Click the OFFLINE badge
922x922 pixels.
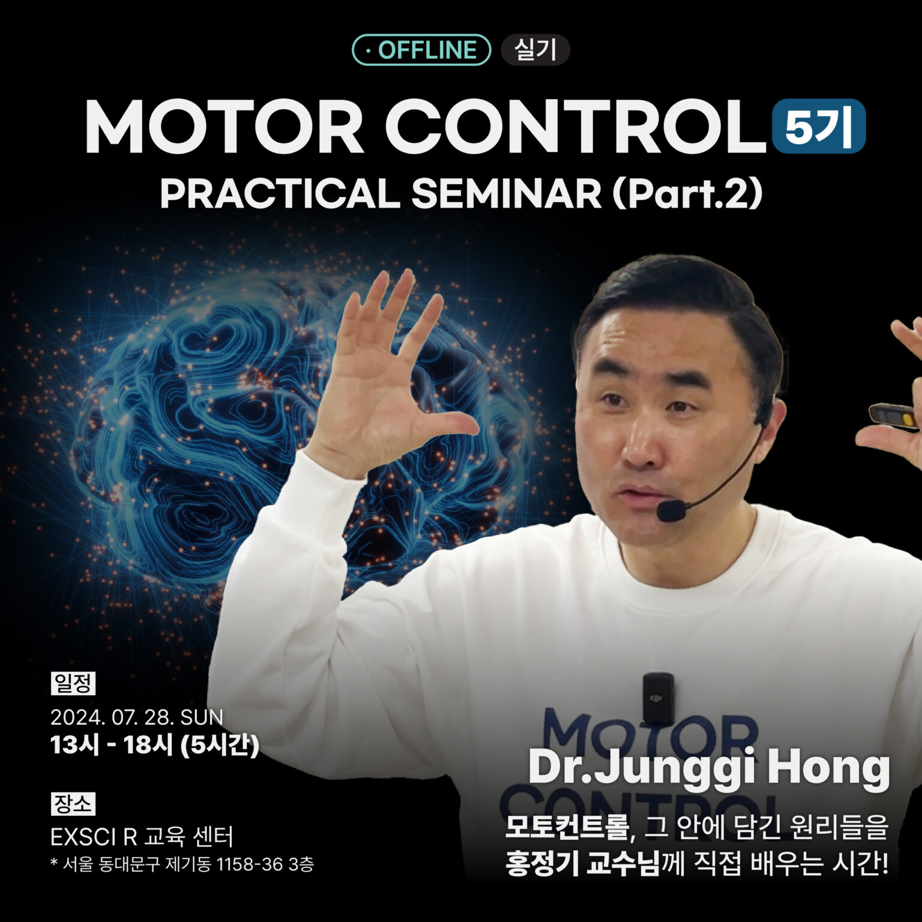coord(421,50)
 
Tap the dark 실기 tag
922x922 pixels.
coord(535,50)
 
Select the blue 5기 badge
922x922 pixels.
coord(819,126)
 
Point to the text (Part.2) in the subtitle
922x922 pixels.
coord(687,194)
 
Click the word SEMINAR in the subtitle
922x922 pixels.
coord(506,194)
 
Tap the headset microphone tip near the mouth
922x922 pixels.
coord(671,511)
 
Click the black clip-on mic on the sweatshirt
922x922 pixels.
coord(658,697)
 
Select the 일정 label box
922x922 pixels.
coord(73,683)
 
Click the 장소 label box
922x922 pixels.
coord(73,804)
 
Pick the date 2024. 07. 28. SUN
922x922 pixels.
coord(136,717)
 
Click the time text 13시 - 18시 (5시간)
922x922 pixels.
coord(154,745)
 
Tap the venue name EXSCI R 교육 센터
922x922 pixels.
coord(142,836)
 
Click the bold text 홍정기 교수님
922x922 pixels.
coord(582,864)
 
